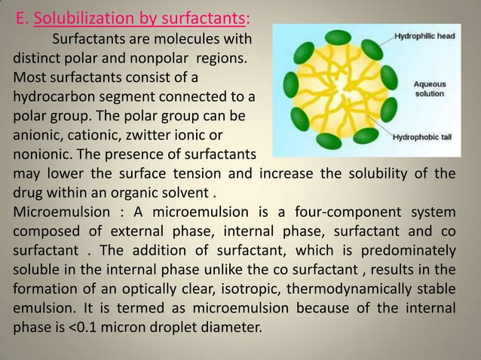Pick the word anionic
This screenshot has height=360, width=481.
pyautogui.click(x=37, y=136)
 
